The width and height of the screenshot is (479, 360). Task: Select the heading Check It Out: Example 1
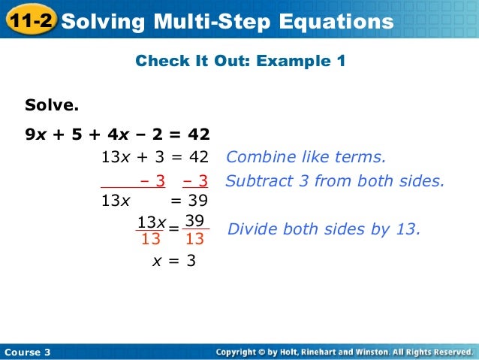(240, 61)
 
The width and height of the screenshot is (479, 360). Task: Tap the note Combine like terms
(306, 158)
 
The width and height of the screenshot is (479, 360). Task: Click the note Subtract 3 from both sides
(335, 180)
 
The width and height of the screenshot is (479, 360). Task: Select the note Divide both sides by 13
(323, 229)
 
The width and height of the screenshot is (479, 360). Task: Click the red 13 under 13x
(151, 240)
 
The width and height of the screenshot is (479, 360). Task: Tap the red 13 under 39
(195, 240)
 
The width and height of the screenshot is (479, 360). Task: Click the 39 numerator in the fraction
(195, 221)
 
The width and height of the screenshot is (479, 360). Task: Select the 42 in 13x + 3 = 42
(197, 158)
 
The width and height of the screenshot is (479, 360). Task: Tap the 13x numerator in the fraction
(151, 222)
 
